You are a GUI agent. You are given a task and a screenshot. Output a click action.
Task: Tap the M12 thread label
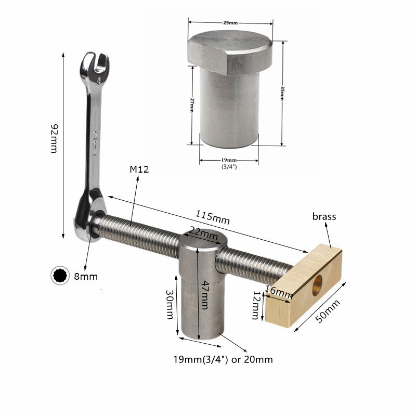139,170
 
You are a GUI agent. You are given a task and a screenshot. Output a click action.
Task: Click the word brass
324,216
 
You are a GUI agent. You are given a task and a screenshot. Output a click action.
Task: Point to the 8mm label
86,276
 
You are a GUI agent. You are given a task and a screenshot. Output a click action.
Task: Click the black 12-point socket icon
59,276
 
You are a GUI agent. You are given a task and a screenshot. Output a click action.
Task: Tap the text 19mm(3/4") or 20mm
223,359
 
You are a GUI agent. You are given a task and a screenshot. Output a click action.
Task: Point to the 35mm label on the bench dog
281,94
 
